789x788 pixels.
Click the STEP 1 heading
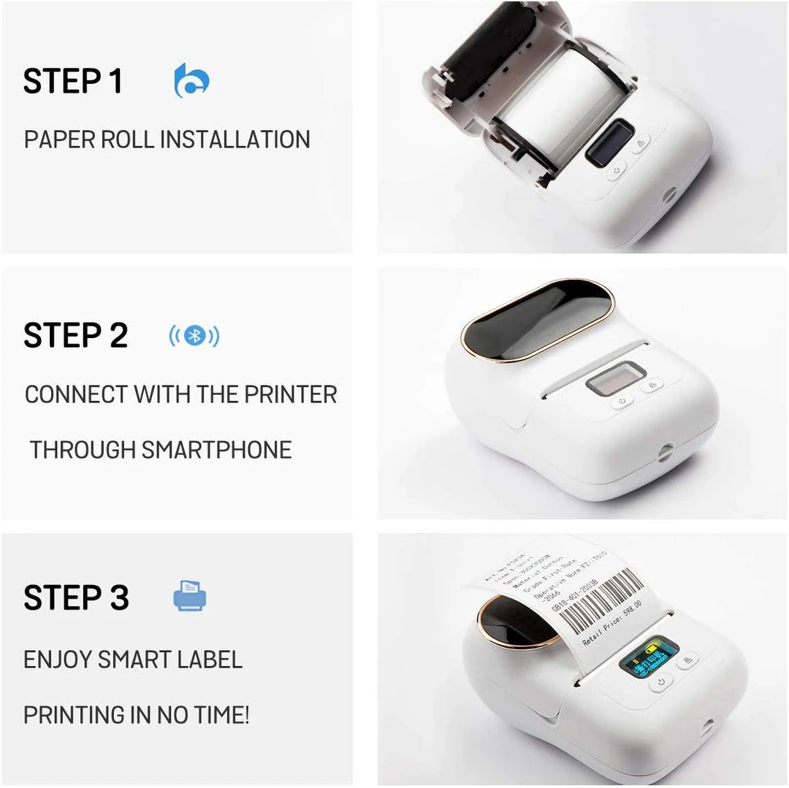tap(73, 81)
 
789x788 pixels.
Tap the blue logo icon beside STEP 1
tap(192, 80)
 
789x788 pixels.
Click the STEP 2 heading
tap(75, 336)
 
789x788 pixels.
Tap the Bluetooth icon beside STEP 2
tap(194, 336)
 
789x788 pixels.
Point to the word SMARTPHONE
tap(216, 450)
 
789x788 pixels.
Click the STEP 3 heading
tap(76, 598)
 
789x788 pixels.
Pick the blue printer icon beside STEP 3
tap(190, 596)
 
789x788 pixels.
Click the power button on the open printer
tap(617, 169)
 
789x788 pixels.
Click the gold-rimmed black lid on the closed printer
tap(538, 319)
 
